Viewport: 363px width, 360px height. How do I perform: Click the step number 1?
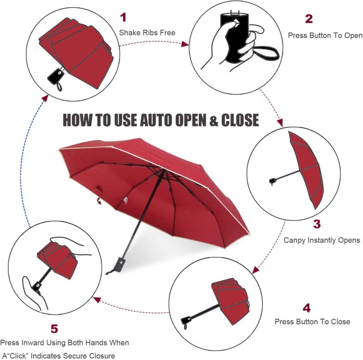(x=123, y=18)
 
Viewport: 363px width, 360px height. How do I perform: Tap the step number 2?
(x=309, y=19)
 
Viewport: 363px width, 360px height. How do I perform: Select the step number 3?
(x=317, y=224)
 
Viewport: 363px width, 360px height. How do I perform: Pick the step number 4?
(x=307, y=308)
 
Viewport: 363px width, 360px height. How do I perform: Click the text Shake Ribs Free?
(x=147, y=32)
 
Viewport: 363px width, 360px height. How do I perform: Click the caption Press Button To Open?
(x=325, y=35)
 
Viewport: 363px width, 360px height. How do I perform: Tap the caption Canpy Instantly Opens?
(x=322, y=240)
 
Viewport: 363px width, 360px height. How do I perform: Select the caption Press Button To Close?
(x=312, y=321)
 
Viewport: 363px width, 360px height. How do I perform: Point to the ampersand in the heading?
(x=213, y=121)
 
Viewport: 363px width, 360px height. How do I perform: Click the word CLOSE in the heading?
(x=240, y=120)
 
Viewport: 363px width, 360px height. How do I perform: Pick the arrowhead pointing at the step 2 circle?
(x=185, y=44)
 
